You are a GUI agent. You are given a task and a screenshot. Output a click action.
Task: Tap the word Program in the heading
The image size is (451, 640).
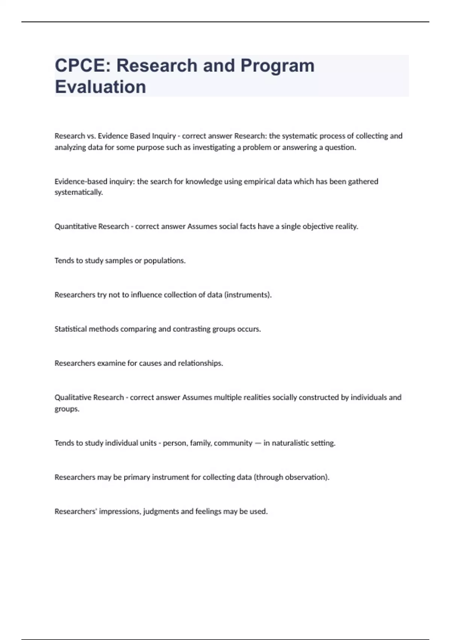tap(277, 66)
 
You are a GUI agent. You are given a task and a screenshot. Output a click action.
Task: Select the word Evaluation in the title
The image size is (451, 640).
tap(100, 87)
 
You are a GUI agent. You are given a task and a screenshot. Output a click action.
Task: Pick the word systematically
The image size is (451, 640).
tap(79, 192)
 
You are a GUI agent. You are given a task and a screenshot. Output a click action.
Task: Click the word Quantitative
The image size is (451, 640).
tap(73, 227)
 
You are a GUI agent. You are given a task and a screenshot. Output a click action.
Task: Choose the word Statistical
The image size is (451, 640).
tap(71, 329)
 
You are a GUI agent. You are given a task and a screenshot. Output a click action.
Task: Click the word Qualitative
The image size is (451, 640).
tap(70, 398)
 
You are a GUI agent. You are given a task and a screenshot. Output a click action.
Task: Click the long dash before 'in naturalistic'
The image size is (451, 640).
tap(258, 443)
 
